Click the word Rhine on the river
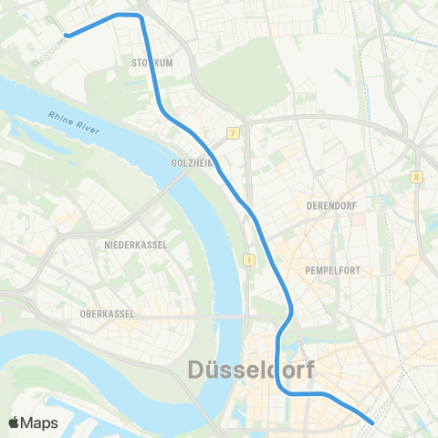(x=57, y=119)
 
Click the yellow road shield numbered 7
(x=235, y=133)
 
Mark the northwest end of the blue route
(x=67, y=36)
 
